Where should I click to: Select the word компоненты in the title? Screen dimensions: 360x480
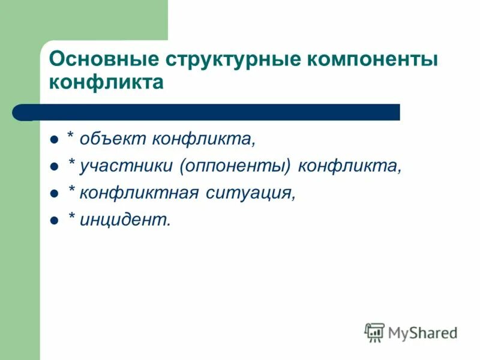click(374, 60)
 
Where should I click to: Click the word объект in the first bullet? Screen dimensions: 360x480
click(112, 139)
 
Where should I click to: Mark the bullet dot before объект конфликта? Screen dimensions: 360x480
click(54, 140)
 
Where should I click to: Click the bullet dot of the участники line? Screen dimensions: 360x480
click(54, 167)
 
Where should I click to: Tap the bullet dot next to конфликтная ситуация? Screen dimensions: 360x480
click(54, 194)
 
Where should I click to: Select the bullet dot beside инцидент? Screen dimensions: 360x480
click(54, 221)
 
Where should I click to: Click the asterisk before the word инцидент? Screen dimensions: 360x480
click(71, 217)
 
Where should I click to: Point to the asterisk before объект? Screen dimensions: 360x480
click(71, 136)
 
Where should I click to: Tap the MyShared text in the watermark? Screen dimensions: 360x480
click(422, 332)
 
